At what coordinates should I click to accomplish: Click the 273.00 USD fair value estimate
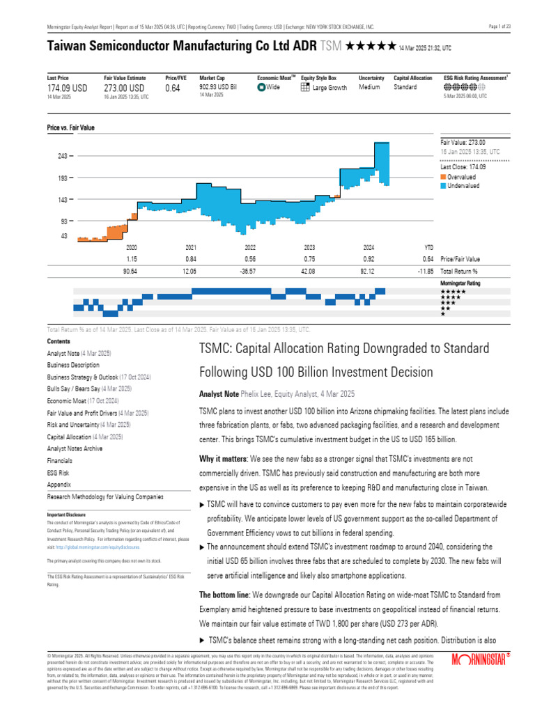pos(124,88)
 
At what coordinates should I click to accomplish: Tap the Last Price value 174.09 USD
pos(68,88)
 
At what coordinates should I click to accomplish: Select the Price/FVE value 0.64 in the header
pos(172,88)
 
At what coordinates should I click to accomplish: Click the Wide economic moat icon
pos(261,88)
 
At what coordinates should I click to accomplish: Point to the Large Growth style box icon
pos(305,88)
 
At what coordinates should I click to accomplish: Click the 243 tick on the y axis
pos(63,156)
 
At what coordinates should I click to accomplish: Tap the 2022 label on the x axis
pos(250,247)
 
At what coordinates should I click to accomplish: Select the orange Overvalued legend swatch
pos(444,178)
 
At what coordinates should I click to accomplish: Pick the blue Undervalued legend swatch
pos(444,186)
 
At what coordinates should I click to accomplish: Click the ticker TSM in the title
pos(331,47)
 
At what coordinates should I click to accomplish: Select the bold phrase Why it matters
pos(222,459)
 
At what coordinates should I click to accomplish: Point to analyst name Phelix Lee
pos(256,393)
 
